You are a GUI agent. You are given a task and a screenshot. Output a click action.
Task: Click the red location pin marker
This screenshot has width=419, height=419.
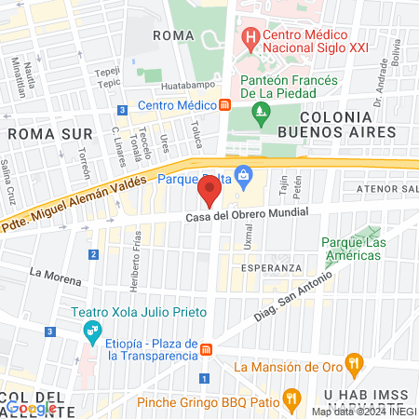(209, 193)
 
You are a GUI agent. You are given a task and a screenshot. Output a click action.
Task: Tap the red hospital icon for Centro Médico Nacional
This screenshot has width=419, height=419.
(249, 39)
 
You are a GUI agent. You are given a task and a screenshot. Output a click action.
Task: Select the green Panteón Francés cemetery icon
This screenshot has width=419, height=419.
(261, 115)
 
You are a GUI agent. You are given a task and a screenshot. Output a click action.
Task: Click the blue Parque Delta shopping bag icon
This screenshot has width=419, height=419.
(244, 174)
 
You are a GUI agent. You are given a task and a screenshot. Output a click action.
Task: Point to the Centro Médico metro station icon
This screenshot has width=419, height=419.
(225, 105)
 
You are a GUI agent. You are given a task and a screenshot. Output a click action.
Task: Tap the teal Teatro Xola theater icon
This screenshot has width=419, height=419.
(91, 330)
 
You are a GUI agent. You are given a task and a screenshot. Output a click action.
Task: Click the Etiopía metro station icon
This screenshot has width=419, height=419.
(207, 348)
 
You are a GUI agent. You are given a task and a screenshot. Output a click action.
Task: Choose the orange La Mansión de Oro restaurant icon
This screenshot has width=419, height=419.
(352, 362)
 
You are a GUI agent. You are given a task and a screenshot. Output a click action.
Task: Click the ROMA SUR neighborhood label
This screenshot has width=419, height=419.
(39, 133)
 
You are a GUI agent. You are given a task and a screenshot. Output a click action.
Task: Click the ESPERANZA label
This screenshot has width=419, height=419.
(271, 267)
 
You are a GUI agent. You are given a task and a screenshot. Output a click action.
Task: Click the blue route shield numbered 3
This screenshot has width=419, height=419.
(49, 331)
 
